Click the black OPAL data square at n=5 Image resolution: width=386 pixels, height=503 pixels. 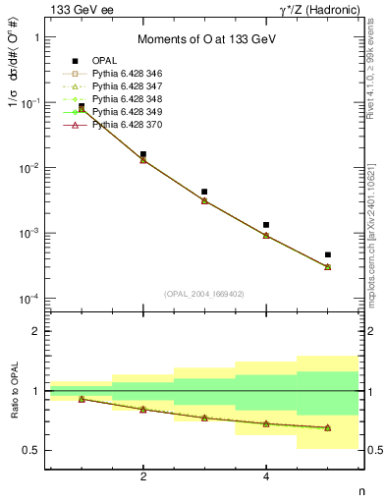coord(327,254)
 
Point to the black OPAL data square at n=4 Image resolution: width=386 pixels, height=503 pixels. coord(266,225)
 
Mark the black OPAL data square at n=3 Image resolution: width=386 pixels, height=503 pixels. coord(204,192)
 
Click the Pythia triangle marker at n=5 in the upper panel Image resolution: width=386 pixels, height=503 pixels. coord(327,266)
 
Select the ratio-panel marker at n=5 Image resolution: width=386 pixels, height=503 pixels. coord(327,427)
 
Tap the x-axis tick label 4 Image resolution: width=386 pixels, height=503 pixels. coord(266,476)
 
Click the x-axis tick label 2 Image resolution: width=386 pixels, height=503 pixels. coord(143,476)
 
